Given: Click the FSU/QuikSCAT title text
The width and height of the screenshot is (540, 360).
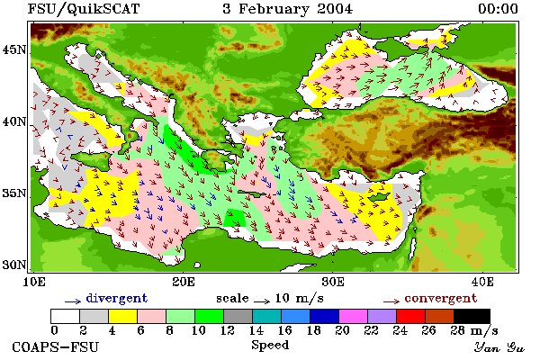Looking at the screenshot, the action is coord(84,9).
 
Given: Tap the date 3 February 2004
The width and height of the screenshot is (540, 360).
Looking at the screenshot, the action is coord(288,9).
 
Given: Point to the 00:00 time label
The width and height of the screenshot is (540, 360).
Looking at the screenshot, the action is coord(498,9).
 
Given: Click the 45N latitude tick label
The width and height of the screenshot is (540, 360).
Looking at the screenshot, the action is coord(14,50).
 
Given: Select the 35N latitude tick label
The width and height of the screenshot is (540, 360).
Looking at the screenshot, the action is coord(14,193).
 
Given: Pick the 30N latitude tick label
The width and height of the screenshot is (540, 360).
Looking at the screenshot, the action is coord(14,265).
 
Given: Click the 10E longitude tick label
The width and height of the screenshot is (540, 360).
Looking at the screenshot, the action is coord(34,282).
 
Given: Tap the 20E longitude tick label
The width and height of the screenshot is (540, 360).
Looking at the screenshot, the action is coord(184,282).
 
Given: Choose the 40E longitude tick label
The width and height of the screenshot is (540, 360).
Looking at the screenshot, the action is coord(482,282).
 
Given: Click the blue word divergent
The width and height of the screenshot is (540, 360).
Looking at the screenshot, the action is coord(117,298).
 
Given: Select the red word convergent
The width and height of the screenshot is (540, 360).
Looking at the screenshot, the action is coord(441,298).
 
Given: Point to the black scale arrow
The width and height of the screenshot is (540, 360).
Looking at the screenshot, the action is coord(262,301).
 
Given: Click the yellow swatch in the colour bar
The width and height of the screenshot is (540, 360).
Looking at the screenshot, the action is coord(123,316).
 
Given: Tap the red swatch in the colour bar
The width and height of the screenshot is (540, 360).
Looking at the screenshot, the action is coord(410,316).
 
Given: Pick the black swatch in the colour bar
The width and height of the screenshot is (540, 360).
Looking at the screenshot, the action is coord(472,316).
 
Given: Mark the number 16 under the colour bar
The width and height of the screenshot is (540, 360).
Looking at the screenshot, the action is coord(284,330).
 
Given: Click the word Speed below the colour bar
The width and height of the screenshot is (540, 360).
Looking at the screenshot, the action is coord(270,345).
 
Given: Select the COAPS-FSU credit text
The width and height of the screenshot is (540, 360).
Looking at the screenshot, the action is coord(55,346).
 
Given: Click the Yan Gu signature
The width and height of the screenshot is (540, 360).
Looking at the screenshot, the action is coord(499,347).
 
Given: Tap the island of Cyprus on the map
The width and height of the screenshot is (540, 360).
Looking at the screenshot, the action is coord(378,197).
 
